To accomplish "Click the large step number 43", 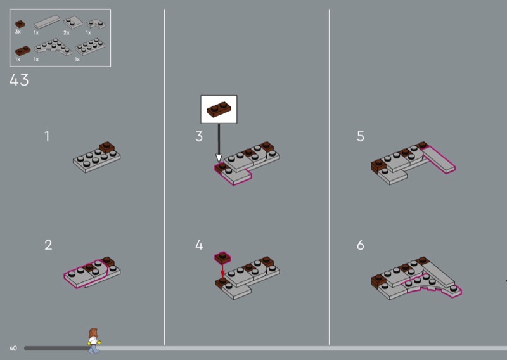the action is pyautogui.click(x=19, y=80).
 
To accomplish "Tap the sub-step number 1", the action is pyautogui.click(x=47, y=136).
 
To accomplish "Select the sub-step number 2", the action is pyautogui.click(x=48, y=245).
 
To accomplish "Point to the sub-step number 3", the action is pyautogui.click(x=199, y=136).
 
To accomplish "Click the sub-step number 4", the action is pyautogui.click(x=199, y=245).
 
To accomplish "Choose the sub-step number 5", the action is pyautogui.click(x=361, y=136).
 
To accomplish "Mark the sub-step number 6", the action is pyautogui.click(x=361, y=245).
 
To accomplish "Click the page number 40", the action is pyautogui.click(x=13, y=349).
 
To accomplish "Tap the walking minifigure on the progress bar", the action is pyautogui.click(x=93, y=340).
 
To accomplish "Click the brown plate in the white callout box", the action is pyautogui.click(x=219, y=109).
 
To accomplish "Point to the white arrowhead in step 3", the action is pyautogui.click(x=219, y=158).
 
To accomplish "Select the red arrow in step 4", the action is pyautogui.click(x=222, y=271).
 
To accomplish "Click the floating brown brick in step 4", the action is pyautogui.click(x=223, y=257).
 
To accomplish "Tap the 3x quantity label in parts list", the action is pyautogui.click(x=18, y=32).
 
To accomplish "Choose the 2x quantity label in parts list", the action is pyautogui.click(x=67, y=33).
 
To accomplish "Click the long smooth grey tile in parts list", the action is pyautogui.click(x=47, y=22).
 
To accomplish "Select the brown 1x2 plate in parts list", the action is pyautogui.click(x=23, y=51).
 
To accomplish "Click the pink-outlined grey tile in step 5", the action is pyautogui.click(x=439, y=159).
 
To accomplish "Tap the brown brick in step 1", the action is pyautogui.click(x=107, y=148).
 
